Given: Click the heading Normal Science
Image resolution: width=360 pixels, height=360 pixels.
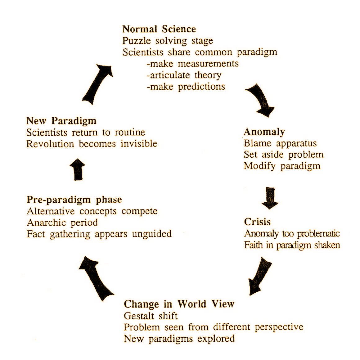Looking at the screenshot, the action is point(159,29).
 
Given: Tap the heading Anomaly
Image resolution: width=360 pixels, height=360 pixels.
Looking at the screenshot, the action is point(264,132).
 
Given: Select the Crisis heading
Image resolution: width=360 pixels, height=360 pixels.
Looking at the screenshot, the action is point(257,222).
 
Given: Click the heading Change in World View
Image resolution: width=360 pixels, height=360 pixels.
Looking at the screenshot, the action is point(179,304).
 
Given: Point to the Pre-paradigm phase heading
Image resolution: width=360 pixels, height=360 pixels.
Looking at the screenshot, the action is point(74,200).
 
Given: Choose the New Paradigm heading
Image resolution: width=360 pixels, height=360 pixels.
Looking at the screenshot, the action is point(61,121).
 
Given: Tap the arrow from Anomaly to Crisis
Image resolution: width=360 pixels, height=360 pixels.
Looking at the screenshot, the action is point(270,198).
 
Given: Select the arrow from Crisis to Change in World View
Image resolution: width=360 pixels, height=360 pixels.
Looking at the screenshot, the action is point(259,276).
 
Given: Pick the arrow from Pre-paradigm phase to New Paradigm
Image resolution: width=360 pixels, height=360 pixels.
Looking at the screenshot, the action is point(77,169).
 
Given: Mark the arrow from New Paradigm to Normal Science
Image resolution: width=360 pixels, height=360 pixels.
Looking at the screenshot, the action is point(97,84).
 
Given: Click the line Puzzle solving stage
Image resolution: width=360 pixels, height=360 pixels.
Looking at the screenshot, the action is point(168,41).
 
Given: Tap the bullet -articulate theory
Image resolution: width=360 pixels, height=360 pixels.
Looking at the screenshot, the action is point(184,75).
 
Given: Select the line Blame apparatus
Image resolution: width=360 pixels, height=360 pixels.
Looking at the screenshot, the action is point(280,143).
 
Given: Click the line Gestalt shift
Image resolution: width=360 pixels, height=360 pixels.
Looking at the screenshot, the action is point(151,316).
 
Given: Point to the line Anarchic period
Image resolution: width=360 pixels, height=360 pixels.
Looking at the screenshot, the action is point(62,223).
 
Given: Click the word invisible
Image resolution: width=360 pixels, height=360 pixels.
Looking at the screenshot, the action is point(139,144).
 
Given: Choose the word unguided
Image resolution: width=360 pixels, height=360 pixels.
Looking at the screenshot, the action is point(152,234).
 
